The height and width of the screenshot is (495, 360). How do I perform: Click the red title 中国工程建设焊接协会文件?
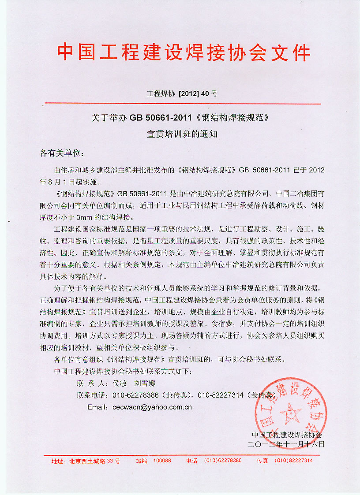click(x=184, y=52)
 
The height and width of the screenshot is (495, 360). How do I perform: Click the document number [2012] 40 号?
click(x=198, y=93)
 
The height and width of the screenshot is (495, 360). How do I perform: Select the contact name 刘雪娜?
click(x=144, y=383)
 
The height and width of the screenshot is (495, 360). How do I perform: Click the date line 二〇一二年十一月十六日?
click(x=287, y=443)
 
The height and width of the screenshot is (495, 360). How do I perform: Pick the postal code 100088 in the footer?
click(x=162, y=461)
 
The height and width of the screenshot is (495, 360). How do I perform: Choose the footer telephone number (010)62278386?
click(x=223, y=461)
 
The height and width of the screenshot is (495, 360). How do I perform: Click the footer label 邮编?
click(x=141, y=461)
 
